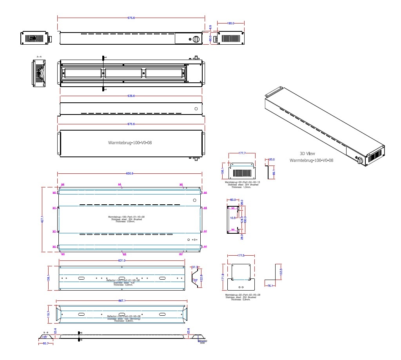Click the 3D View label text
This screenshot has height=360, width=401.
click(307, 154)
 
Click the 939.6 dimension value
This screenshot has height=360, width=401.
click(131, 96)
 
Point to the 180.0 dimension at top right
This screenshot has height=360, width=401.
click(230, 23)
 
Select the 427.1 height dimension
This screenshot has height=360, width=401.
click(42, 220)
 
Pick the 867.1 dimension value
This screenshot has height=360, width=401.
click(122, 300)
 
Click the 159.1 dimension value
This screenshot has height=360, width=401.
click(49, 278)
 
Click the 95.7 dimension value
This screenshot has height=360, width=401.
click(45, 344)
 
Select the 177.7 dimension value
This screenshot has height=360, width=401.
click(242, 153)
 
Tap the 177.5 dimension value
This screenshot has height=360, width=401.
click(241, 255)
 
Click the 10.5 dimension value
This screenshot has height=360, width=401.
click(232, 218)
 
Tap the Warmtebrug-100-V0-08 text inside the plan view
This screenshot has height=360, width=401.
click(130, 143)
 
